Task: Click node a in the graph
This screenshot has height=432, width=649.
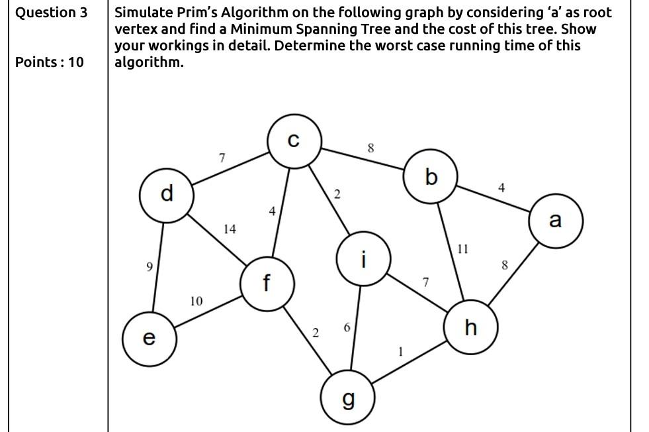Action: pos(556,221)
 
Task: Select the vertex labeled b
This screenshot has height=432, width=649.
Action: pos(431,177)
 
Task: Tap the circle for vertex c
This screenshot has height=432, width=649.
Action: pos(294,141)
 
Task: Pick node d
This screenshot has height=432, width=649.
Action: pos(166,193)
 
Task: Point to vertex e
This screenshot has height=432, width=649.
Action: pos(149,338)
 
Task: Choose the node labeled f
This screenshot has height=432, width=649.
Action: pos(267,284)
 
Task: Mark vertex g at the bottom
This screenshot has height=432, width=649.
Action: pos(347,399)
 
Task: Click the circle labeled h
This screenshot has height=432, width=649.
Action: pos(470,327)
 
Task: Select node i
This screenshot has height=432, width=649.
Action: pos(363,258)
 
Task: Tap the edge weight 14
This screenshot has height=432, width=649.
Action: pos(230,229)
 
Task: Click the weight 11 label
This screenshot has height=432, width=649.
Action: pos(462,250)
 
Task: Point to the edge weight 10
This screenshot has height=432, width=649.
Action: pos(196,301)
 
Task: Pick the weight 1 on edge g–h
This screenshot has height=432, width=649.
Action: pos(400,352)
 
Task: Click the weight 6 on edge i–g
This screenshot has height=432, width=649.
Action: pos(347,328)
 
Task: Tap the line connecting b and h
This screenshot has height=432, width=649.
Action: pos(451,252)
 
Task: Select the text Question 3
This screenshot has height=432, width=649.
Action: pos(51,13)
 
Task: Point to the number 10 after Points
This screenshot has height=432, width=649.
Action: pos(76,62)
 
